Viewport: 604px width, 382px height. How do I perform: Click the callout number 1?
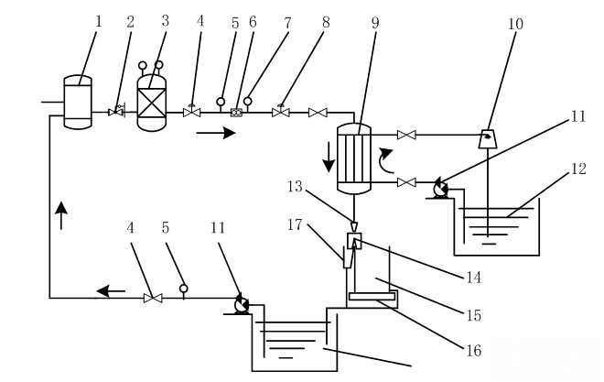[99, 22]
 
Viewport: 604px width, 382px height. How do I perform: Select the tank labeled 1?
[78, 102]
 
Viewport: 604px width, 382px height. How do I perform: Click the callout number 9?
[375, 23]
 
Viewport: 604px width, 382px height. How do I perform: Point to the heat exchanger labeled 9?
[354, 158]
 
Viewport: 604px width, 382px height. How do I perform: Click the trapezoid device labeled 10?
[488, 139]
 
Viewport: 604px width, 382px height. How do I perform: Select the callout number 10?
[515, 24]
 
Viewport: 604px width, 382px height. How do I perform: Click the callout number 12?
[578, 169]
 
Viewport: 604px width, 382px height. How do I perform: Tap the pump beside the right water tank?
[441, 189]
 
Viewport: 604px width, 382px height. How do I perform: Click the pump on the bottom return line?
[242, 305]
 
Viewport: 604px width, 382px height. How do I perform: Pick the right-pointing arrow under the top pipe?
[216, 134]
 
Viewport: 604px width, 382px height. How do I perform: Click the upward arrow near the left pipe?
[61, 215]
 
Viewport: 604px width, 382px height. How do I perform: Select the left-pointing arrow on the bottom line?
[111, 291]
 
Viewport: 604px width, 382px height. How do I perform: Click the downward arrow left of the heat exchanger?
[329, 157]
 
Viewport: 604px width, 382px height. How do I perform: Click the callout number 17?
[295, 224]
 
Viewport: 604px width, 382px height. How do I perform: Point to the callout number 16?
[474, 350]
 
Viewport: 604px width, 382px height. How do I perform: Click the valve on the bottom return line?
[153, 298]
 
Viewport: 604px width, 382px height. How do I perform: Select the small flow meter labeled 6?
[236, 113]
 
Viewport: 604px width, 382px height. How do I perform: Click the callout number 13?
[295, 187]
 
